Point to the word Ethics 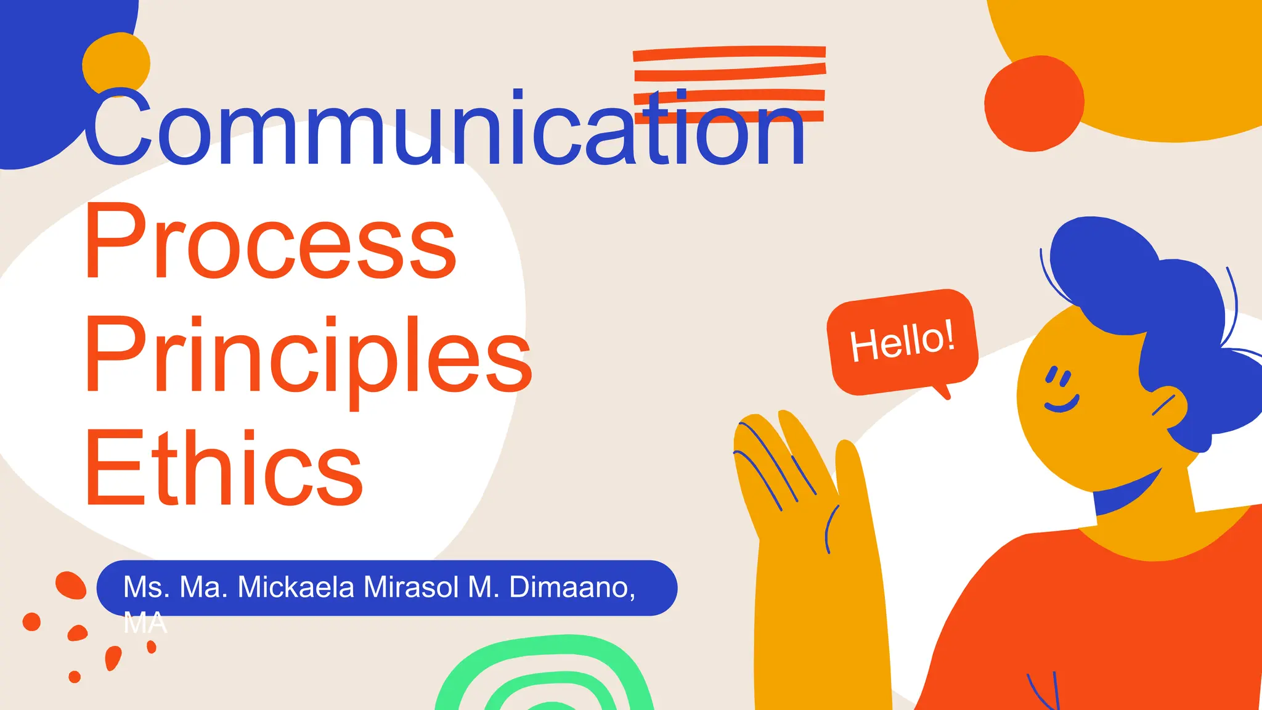click(x=224, y=468)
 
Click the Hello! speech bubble click(x=902, y=341)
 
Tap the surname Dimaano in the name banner click(x=572, y=587)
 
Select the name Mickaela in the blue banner click(x=296, y=587)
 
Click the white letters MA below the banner click(x=145, y=624)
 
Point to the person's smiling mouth click(x=1062, y=404)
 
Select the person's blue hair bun click(x=1103, y=259)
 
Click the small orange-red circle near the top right click(x=1033, y=104)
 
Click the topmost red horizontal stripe click(x=729, y=54)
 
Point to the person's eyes click(x=1059, y=377)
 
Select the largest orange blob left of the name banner click(x=70, y=584)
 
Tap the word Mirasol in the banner click(x=411, y=587)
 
